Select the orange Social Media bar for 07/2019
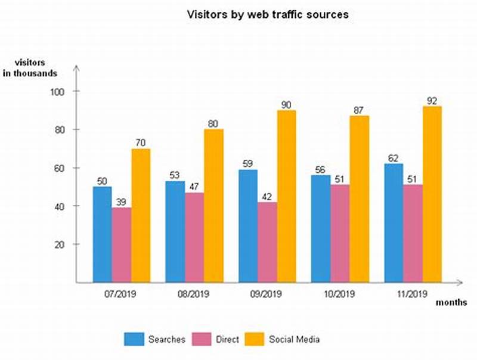point(141,215)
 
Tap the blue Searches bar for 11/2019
point(394,223)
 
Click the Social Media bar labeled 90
point(286,196)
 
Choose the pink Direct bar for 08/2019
point(194,237)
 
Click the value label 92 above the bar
point(431,100)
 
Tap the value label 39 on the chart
point(122,201)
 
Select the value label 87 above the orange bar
point(359,110)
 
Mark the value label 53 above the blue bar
point(175,175)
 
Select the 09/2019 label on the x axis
point(267,293)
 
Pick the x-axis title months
point(451,302)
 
